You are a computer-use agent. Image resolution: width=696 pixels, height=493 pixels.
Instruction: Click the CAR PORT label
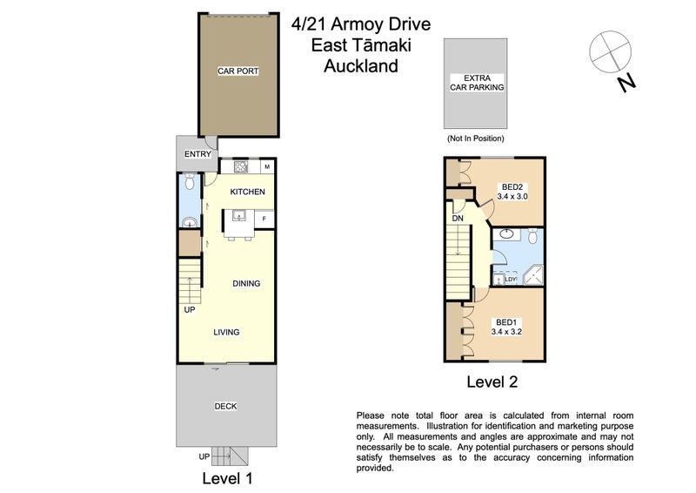238,71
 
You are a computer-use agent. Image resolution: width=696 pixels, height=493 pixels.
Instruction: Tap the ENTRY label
197,154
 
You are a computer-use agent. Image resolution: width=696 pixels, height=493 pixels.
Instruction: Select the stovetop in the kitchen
241,166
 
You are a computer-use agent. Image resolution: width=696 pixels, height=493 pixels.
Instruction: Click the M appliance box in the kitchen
267,166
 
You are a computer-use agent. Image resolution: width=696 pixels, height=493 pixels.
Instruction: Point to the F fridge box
264,219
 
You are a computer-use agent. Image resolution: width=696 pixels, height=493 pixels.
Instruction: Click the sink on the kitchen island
239,216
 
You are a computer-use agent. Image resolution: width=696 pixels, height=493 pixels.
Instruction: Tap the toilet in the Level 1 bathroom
190,182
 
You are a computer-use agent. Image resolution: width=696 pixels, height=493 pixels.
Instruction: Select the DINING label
246,284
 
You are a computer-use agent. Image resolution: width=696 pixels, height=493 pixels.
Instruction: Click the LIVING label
226,332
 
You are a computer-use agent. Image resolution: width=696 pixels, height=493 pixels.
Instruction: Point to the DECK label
225,406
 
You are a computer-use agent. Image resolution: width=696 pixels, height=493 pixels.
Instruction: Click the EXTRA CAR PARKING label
477,83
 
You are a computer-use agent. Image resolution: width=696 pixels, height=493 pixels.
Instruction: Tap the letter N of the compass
626,83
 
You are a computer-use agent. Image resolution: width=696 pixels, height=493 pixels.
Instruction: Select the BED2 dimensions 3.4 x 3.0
512,196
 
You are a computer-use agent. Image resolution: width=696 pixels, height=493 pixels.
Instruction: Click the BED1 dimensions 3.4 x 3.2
506,331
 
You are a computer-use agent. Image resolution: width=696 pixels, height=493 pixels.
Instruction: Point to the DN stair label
458,219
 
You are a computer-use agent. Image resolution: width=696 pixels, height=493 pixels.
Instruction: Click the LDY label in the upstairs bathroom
511,280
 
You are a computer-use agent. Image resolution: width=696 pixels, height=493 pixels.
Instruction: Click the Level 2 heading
492,382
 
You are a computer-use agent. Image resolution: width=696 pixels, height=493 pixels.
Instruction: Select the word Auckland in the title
361,66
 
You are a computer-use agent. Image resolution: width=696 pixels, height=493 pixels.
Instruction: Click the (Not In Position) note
475,138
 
